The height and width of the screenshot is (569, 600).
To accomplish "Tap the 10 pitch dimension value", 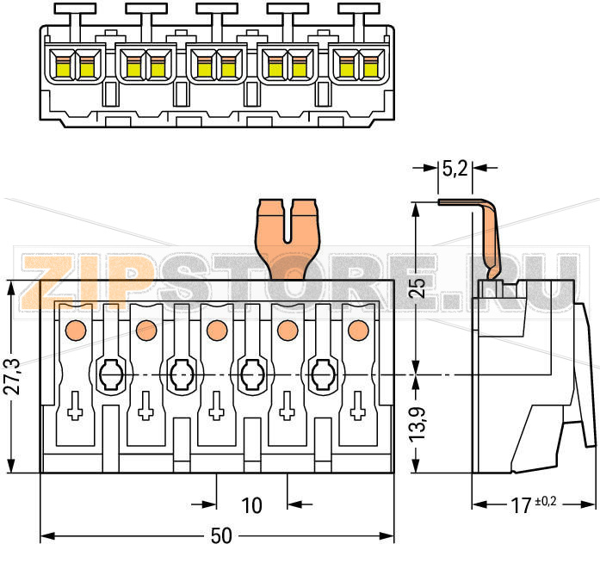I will coord(251,504).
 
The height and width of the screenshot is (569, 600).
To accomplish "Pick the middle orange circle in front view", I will coord(216,328).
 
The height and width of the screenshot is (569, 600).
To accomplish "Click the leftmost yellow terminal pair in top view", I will coord(75,65).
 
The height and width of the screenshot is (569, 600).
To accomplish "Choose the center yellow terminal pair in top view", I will coord(216,65).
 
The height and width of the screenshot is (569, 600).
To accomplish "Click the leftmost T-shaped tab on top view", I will coord(75,12).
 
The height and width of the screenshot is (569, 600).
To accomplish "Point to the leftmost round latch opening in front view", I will coord(109,374).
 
